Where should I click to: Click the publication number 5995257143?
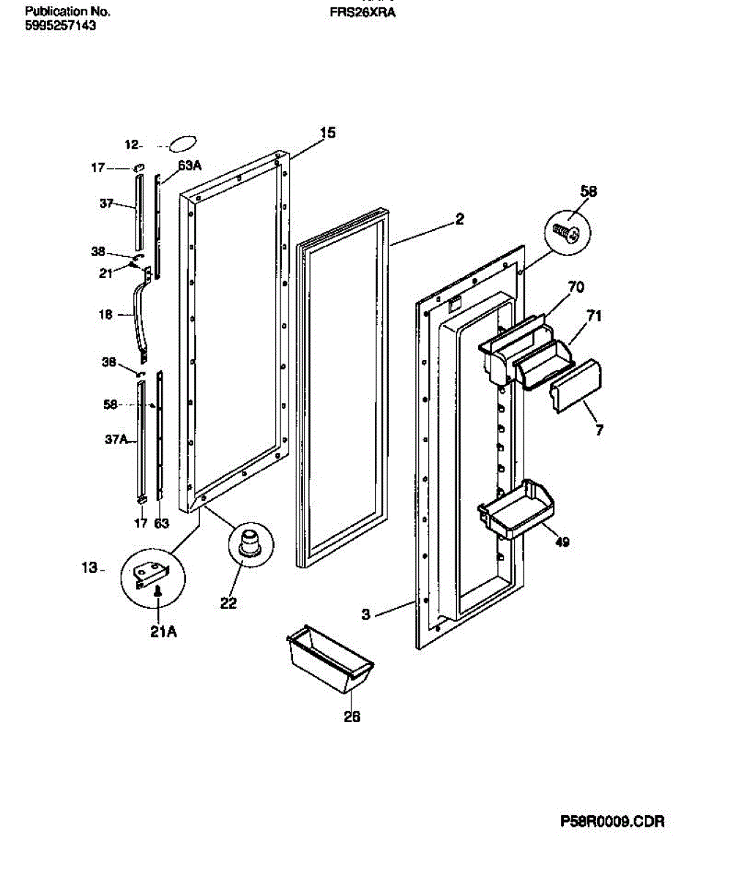[x=60, y=26]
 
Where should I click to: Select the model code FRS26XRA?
[x=362, y=12]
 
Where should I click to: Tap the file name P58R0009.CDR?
[x=612, y=822]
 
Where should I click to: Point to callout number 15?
[x=327, y=132]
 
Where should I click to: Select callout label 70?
[x=576, y=288]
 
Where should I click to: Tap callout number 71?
[x=594, y=316]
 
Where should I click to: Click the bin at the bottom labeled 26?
[x=331, y=660]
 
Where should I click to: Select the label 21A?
[x=163, y=631]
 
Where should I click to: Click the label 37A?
[x=116, y=440]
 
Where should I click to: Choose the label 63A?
[x=189, y=166]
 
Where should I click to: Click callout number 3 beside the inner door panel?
[x=366, y=615]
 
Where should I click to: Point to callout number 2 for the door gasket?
[x=459, y=218]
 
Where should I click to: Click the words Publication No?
[x=67, y=12]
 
